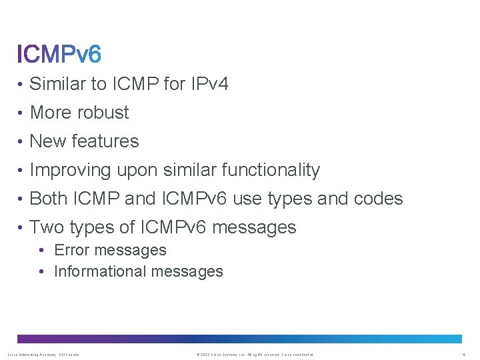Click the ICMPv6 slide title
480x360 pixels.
tap(59, 53)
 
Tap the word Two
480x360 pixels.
tap(47, 227)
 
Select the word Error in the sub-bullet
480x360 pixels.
tap(72, 250)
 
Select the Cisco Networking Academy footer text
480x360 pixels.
tap(43, 355)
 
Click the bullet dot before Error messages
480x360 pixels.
tap(41, 251)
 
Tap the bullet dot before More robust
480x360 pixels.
tap(21, 113)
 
